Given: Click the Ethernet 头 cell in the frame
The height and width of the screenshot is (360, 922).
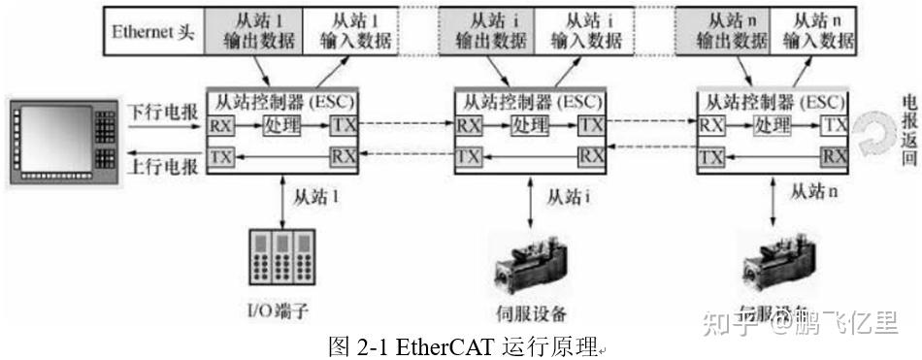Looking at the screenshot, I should [153, 31].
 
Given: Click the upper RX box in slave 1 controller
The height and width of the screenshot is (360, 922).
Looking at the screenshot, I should [220, 125].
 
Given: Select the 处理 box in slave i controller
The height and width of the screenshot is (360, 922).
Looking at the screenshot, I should [528, 125].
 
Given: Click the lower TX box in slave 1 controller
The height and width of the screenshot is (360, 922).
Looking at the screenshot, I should [220, 155].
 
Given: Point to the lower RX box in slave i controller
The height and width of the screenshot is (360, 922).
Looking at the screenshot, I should [589, 155].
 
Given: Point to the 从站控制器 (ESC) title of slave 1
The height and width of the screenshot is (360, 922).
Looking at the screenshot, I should [282, 100].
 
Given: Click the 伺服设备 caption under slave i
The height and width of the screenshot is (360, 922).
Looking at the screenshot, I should [530, 313].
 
